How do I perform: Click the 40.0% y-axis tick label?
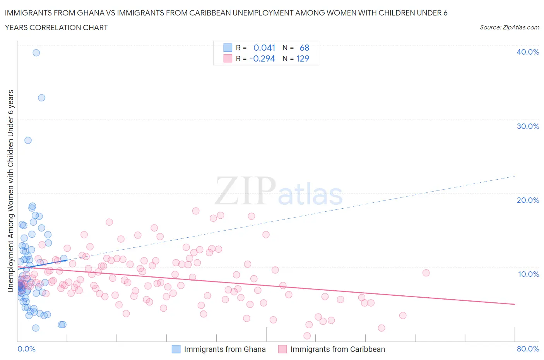point(527,52)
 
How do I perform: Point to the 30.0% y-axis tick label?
point(527,126)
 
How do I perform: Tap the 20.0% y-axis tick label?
point(527,200)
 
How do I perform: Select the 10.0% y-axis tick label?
point(528,274)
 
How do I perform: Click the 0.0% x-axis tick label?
point(26,349)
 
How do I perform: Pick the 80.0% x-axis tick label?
point(528,349)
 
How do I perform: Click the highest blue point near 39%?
point(36,53)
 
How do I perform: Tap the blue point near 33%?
point(41,98)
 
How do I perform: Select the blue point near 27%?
point(28,140)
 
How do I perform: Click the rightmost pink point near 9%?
point(426,273)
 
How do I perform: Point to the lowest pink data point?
point(307,336)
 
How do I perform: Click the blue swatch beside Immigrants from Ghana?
point(176,349)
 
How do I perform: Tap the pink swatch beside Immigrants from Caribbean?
point(282,349)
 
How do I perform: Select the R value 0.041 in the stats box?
point(264,48)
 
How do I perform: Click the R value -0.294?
point(262,58)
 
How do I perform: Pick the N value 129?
point(303,58)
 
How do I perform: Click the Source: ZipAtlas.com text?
point(509,27)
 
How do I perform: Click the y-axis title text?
point(11,190)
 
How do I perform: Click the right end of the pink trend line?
point(515,304)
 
